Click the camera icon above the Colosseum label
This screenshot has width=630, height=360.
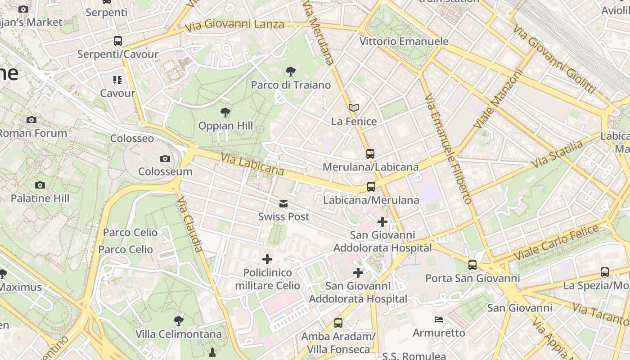point(165,158)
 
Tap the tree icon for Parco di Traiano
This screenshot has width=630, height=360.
point(291,71)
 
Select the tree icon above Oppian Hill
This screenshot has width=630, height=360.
point(225,112)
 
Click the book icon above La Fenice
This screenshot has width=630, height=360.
point(354,108)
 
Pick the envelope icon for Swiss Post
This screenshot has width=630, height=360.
point(283,204)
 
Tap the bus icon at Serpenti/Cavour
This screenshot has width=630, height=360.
point(118,41)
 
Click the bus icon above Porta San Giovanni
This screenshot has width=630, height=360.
point(472,265)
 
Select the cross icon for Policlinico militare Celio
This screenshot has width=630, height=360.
point(267,259)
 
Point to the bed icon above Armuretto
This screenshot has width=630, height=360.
point(439,319)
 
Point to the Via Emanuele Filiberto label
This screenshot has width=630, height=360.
point(448,148)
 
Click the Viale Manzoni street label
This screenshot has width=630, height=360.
point(499,98)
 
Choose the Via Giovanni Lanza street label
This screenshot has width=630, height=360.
point(235,25)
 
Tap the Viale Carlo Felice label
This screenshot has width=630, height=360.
point(556,242)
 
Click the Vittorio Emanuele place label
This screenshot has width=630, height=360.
point(404,41)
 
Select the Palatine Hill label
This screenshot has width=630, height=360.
point(40,198)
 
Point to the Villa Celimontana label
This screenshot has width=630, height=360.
point(179,334)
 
